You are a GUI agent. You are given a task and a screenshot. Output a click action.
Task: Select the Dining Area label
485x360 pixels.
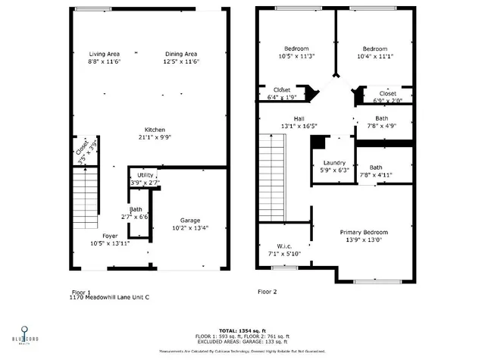tap(182, 54)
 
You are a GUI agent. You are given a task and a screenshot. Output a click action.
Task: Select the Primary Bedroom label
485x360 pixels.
tap(364, 232)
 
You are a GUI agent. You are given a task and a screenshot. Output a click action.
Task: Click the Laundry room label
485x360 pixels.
tap(334, 163)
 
